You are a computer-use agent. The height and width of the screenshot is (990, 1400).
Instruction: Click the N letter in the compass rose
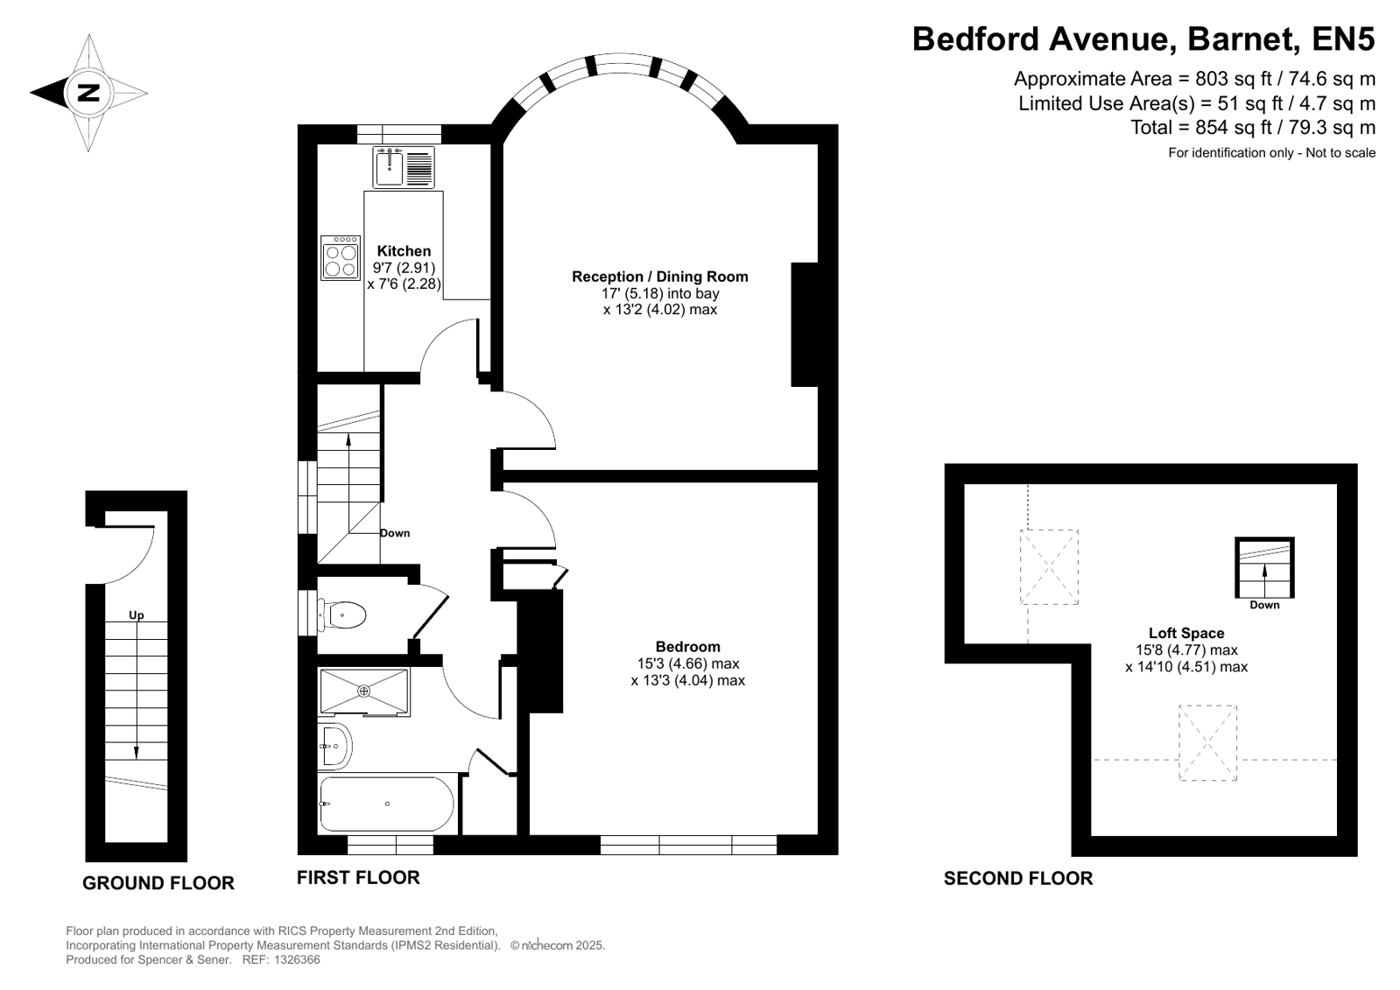coord(88,93)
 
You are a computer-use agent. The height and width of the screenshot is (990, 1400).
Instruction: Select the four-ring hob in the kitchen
coord(341,257)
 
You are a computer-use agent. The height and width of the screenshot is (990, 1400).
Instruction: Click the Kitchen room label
coord(404,251)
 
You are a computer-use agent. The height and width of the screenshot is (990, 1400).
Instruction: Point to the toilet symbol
coord(341,615)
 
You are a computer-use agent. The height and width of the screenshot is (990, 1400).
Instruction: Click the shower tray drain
coord(363,691)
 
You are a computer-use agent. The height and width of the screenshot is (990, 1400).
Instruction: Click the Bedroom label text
coord(687,647)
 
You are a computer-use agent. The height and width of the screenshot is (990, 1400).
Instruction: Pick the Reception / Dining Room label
coord(660,277)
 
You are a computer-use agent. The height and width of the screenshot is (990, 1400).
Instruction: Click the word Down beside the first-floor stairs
coord(395,533)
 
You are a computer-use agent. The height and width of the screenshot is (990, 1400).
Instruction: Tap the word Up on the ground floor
coord(137,615)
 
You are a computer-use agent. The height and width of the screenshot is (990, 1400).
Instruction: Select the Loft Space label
coord(1186,633)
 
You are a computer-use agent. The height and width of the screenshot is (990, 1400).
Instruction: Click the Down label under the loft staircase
coord(1264,605)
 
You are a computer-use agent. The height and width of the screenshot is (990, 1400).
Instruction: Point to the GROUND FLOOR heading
coord(158,883)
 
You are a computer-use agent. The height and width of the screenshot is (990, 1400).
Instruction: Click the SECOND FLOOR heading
coord(1018,879)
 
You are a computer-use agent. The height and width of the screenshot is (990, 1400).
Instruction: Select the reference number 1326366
coord(297,960)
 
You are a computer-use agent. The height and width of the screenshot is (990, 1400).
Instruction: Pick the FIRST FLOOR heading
coord(358,877)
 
